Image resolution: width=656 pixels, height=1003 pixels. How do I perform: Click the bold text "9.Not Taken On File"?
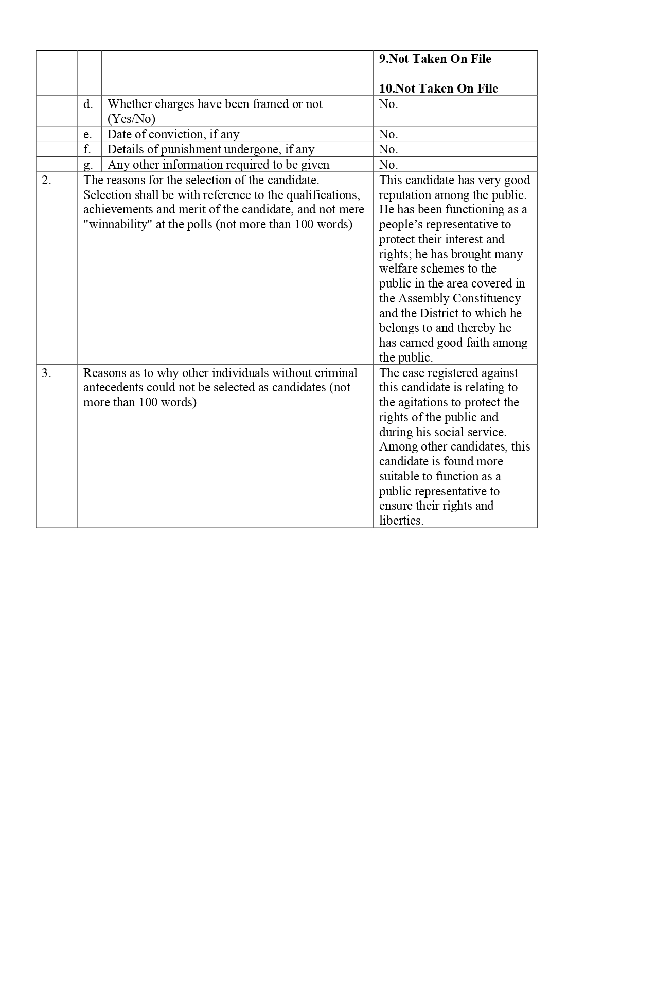tap(435, 59)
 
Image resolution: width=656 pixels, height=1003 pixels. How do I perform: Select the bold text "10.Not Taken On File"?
tap(438, 89)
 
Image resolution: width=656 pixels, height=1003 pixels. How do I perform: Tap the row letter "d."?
tap(88, 104)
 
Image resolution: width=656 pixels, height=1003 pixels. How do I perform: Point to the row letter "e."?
tap(88, 135)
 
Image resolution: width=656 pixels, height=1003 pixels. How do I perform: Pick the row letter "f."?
tap(87, 150)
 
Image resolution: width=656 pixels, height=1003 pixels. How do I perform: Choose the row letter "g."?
tap(88, 165)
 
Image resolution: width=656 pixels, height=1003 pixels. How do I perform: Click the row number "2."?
tap(46, 181)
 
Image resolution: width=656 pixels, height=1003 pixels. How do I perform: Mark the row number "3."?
tap(46, 373)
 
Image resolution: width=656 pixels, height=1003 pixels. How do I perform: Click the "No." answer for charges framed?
tap(388, 104)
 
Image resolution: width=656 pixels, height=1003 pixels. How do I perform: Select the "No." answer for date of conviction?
tap(388, 135)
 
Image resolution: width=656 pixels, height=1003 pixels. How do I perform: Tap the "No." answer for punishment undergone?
tap(388, 150)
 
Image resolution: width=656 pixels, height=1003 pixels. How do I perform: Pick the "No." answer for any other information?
tap(388, 165)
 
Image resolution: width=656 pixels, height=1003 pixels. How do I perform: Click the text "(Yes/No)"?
tap(131, 119)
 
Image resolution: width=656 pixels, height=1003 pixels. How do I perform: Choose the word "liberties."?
tap(401, 521)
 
